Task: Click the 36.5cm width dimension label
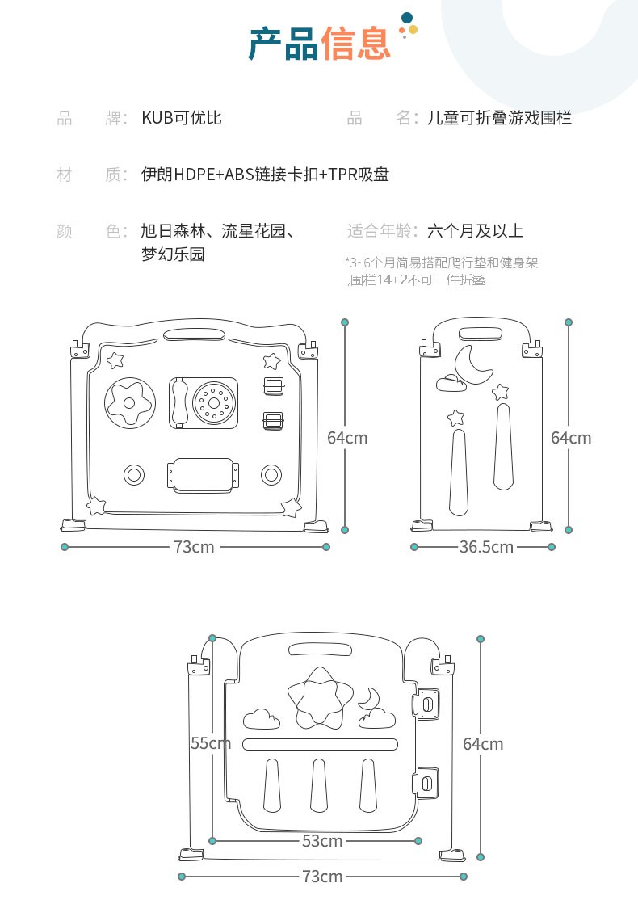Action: pos(486,547)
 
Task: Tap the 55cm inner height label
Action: pos(210,743)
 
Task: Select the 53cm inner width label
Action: pos(321,841)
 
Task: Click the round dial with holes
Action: pos(213,402)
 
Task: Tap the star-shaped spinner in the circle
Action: pos(128,402)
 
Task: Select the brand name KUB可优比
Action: pos(182,118)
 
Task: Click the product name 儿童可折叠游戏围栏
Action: pos(499,118)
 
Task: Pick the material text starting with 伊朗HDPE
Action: pos(265,175)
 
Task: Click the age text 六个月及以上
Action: pos(475,231)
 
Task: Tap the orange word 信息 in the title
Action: pos(355,43)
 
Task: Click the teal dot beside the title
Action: pos(407,17)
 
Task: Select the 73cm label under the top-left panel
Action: pos(194,547)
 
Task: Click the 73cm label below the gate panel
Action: pos(321,877)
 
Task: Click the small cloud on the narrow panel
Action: pos(450,382)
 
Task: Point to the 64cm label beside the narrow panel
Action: pos(571,438)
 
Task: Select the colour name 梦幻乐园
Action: pos(173,254)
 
